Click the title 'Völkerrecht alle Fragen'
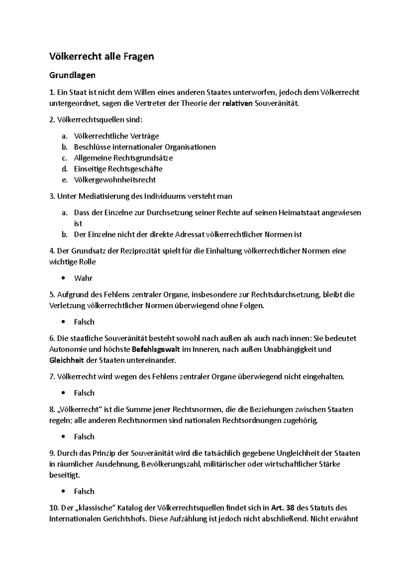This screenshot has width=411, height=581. click(102, 56)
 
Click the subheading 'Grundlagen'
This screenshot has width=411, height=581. click(72, 75)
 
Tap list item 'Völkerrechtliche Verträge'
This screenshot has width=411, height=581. click(116, 136)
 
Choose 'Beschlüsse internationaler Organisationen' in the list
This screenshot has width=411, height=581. click(145, 147)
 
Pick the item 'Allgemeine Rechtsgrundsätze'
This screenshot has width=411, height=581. click(123, 158)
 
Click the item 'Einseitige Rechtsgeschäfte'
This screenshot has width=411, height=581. click(118, 169)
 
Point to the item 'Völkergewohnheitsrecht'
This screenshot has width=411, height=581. click(115, 180)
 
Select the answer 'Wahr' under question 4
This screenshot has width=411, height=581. click(83, 278)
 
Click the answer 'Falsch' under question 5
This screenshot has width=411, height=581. click(84, 322)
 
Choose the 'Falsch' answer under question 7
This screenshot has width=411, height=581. click(84, 393)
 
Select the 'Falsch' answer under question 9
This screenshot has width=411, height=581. click(84, 492)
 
